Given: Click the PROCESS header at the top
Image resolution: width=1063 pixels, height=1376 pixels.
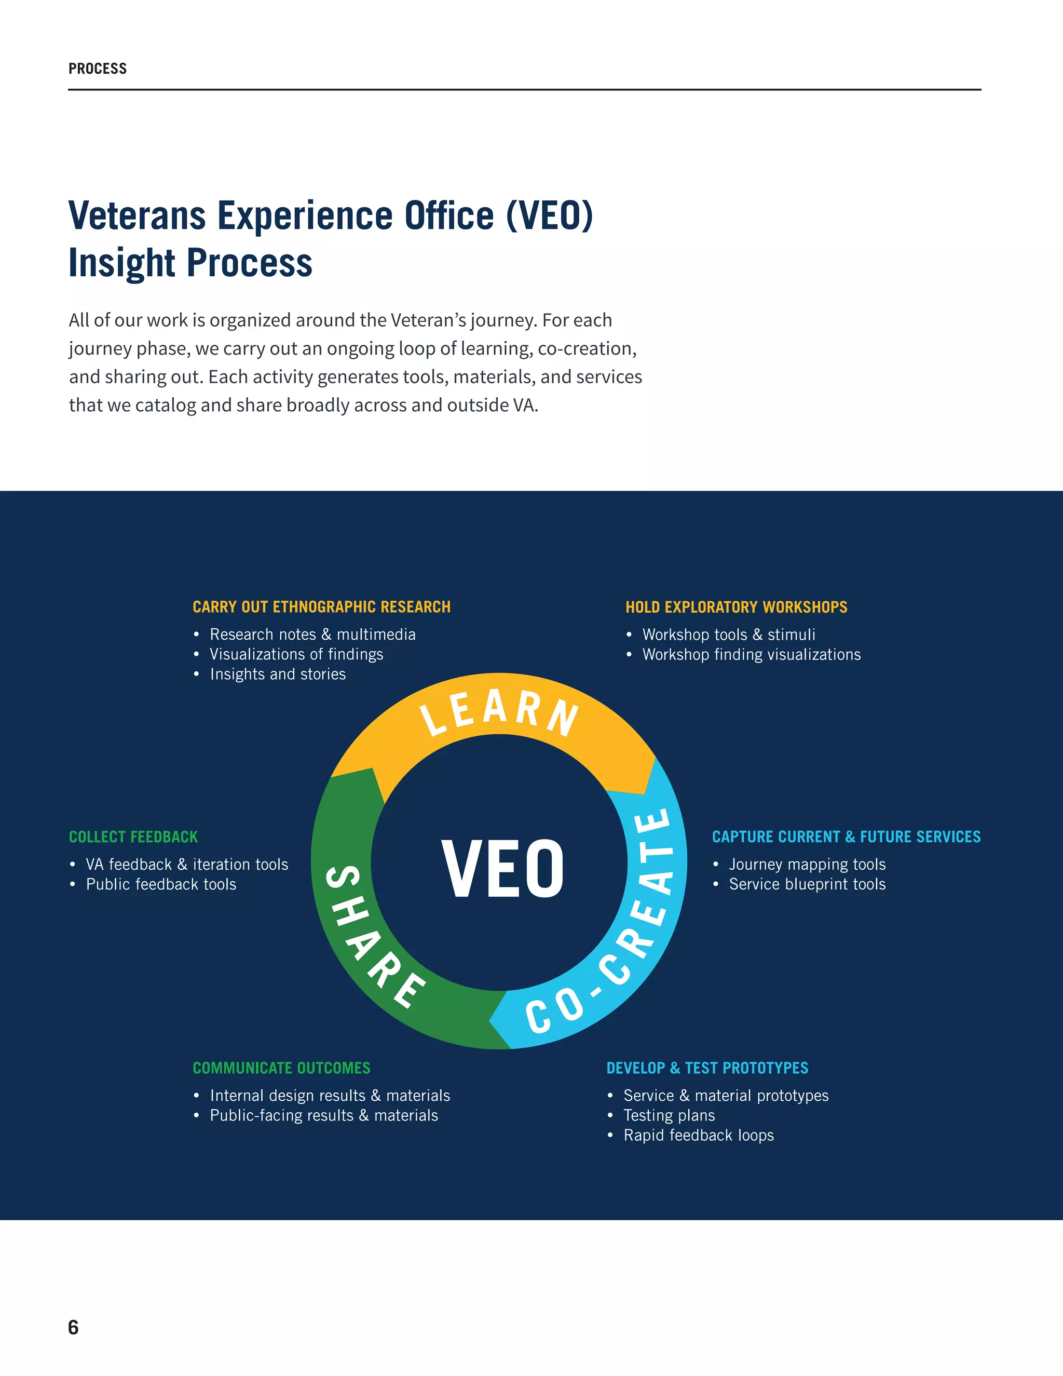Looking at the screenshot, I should (98, 69).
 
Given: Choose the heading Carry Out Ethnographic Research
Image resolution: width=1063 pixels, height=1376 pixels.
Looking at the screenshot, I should (321, 606).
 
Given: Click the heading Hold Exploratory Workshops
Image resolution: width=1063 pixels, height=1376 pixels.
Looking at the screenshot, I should (736, 606).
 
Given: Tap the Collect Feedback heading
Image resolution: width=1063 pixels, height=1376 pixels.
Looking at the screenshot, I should (133, 837).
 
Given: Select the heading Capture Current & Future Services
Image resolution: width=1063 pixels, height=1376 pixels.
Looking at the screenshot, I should (846, 837).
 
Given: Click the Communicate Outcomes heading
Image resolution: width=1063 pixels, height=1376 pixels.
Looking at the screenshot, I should (281, 1068).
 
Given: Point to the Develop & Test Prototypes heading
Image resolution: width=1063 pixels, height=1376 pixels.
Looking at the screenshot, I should (707, 1068).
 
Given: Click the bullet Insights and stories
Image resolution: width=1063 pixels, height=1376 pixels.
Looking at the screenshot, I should (278, 674).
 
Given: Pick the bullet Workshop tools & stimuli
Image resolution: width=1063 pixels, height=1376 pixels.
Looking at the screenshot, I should (729, 635).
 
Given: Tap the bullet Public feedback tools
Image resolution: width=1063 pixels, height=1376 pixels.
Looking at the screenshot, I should (161, 884).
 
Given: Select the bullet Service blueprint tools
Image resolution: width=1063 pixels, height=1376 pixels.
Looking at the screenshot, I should (807, 884).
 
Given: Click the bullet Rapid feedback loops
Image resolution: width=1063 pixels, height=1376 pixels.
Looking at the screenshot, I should (699, 1135).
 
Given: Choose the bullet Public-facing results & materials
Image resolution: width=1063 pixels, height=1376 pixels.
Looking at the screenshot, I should (324, 1115).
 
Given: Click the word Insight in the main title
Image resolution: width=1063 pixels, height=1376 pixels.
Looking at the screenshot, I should (121, 263).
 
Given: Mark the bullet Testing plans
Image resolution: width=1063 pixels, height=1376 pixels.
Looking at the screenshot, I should (669, 1115).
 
